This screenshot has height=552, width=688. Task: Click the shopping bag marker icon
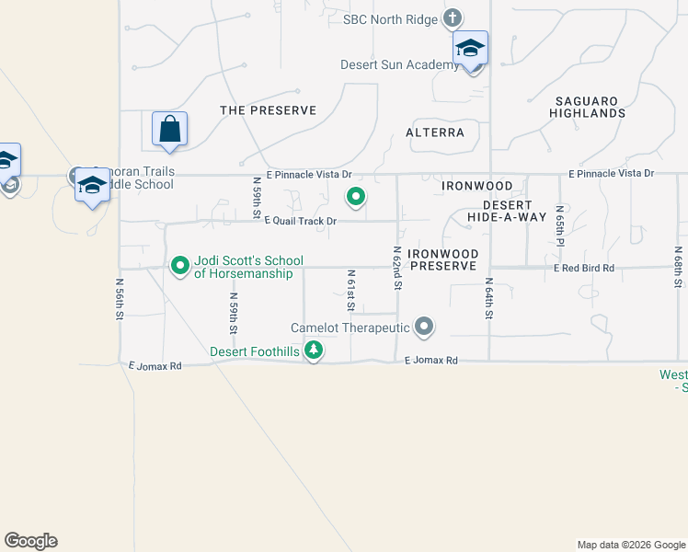coord(170,130)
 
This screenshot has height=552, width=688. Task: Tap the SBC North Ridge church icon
coord(452,17)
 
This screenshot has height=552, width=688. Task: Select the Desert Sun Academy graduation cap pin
coord(470,49)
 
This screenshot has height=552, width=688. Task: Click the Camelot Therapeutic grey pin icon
coord(424,327)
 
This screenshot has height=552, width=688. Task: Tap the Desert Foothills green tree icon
coord(315,351)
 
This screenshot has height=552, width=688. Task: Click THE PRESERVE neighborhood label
coord(268,110)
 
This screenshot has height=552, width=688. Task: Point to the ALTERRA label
coord(435,132)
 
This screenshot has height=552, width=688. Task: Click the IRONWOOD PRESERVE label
coord(443,259)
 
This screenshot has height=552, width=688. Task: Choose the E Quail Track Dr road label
coord(301,221)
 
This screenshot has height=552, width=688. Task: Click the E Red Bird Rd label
coord(583,268)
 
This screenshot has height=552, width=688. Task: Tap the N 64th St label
coord(489,298)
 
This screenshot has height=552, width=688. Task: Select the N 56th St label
coord(120,299)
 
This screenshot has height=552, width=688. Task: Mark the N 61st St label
coord(351,291)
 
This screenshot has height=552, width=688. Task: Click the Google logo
coord(30,541)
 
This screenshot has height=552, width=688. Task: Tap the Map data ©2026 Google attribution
coord(631,545)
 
